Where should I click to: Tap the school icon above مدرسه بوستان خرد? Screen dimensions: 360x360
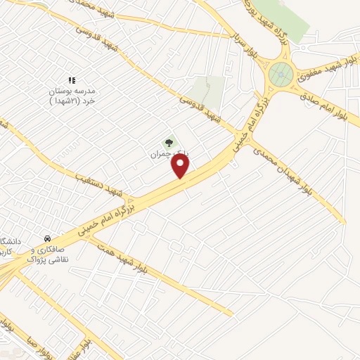point(71,81)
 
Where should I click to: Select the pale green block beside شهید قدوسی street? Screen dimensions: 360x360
point(208,91)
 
